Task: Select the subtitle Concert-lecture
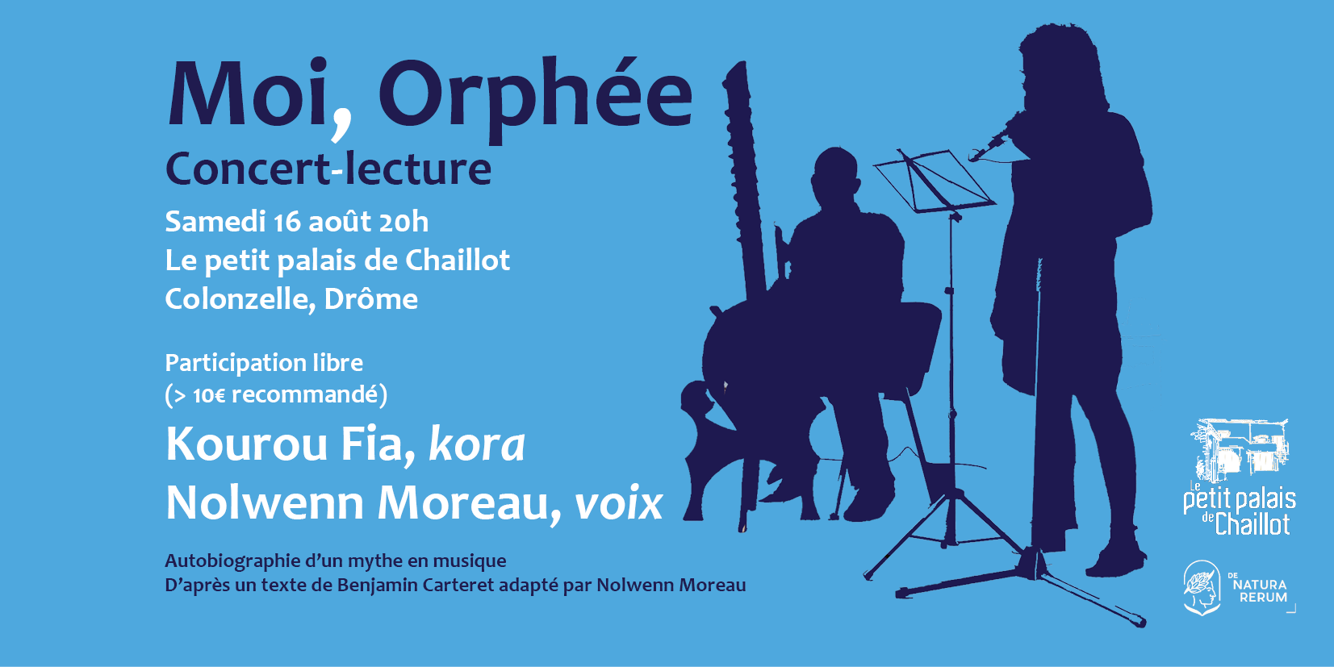[x=328, y=169]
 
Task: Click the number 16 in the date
[x=287, y=222]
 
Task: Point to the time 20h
[x=404, y=222]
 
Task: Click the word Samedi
[x=215, y=221]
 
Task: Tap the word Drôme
[x=370, y=298]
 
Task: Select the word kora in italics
[x=476, y=444]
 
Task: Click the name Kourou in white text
[x=247, y=444]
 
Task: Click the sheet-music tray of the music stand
[x=933, y=181]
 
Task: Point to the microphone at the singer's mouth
[x=989, y=146]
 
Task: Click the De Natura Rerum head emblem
[x=1202, y=587]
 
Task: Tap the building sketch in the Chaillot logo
[x=1240, y=450]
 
